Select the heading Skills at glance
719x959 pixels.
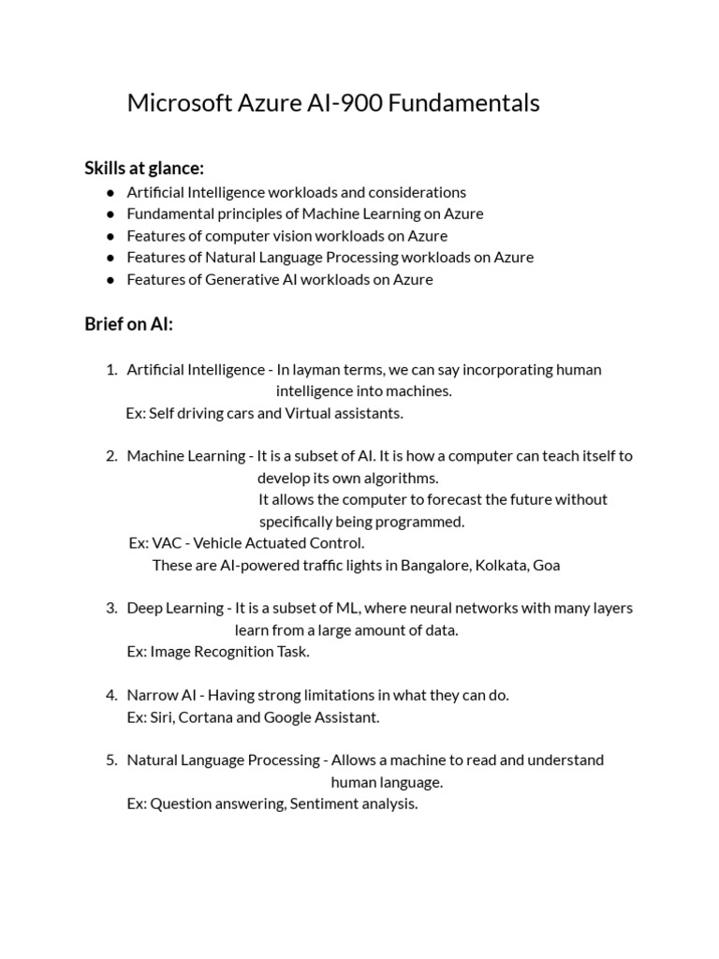(x=144, y=169)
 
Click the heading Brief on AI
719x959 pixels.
(x=129, y=324)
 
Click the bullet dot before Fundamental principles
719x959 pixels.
(x=110, y=214)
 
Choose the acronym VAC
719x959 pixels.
(x=167, y=543)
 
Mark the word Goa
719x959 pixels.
(x=546, y=565)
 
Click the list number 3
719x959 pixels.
(x=111, y=608)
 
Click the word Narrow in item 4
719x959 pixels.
(x=150, y=695)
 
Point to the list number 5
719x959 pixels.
(x=111, y=760)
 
